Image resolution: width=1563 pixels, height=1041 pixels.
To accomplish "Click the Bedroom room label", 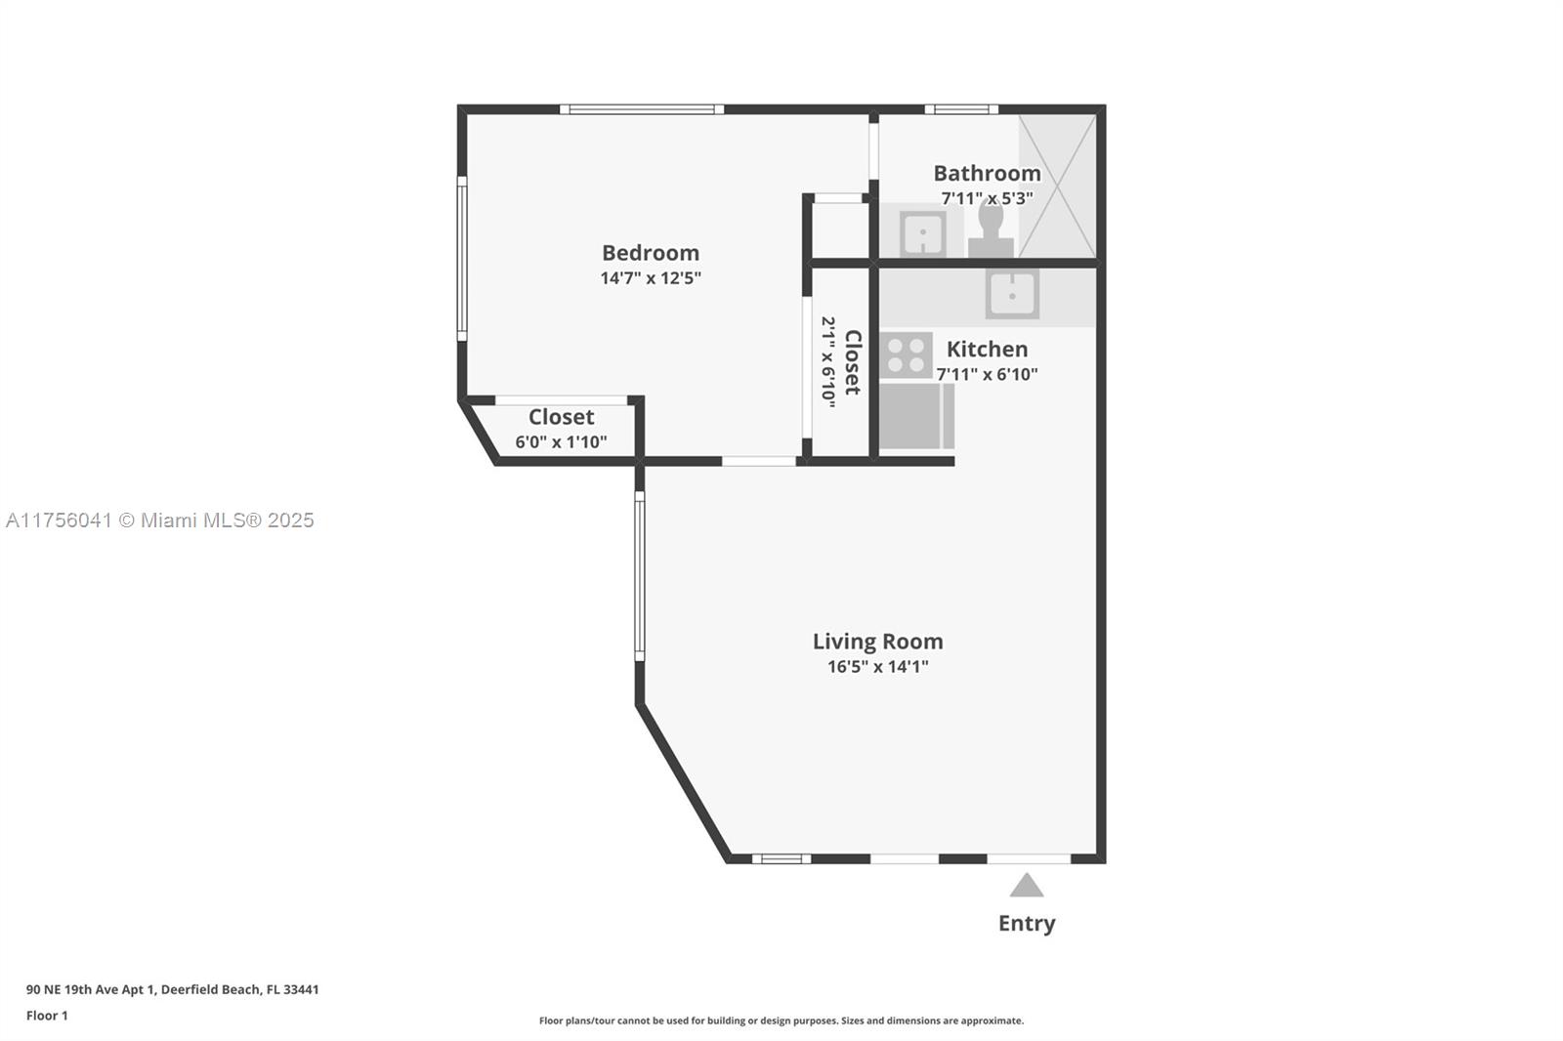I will point(650,253).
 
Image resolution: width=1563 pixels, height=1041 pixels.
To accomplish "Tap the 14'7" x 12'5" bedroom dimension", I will point(650,278).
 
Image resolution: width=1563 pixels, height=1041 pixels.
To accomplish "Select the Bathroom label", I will point(987,173).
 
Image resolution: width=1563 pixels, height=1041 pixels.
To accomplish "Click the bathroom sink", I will point(921,233).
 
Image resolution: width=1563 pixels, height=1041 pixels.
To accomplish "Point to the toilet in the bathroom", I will point(991,229).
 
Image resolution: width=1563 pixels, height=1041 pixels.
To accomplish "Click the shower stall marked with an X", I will point(1057,186).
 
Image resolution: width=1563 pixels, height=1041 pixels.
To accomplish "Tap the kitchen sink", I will point(1012,293).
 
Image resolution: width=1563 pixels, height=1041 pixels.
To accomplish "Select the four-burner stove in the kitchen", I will point(906,355).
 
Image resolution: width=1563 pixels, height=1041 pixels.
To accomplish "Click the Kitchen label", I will point(987,349).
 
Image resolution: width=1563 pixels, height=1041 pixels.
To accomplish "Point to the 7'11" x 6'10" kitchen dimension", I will point(987,374).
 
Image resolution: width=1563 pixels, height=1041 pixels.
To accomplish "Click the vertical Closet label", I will point(852,361).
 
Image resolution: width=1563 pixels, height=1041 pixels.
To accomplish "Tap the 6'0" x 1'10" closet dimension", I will point(561,442).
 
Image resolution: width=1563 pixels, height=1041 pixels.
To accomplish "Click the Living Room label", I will point(877,642).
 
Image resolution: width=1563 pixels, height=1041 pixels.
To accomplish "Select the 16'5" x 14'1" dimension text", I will point(877,667).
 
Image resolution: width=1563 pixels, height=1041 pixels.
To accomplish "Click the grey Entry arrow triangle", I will point(1027,887).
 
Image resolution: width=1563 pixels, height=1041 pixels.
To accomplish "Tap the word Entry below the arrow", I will point(1027,923).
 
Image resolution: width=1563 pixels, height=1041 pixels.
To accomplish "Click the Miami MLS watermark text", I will point(160,520).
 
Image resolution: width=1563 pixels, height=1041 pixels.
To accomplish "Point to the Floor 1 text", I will point(47,1016).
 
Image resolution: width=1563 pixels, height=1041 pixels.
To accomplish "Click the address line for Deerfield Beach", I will point(172,989).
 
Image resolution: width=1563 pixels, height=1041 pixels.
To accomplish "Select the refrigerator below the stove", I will point(915,416).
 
